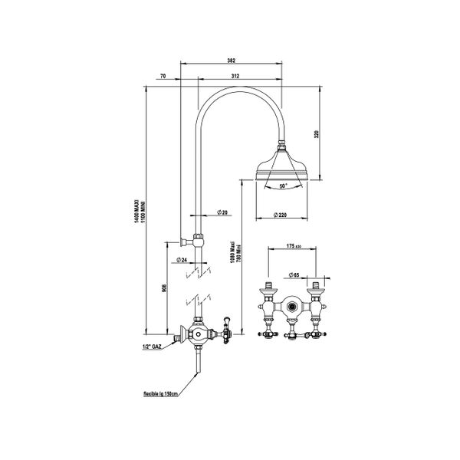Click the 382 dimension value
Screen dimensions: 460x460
tap(232, 59)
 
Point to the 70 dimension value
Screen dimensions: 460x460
tap(163, 76)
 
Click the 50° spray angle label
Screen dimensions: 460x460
tap(283, 186)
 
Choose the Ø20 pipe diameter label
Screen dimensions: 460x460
tap(222, 212)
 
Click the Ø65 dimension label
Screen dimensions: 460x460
tap(296, 274)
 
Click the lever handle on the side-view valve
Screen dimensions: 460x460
tap(226, 327)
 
